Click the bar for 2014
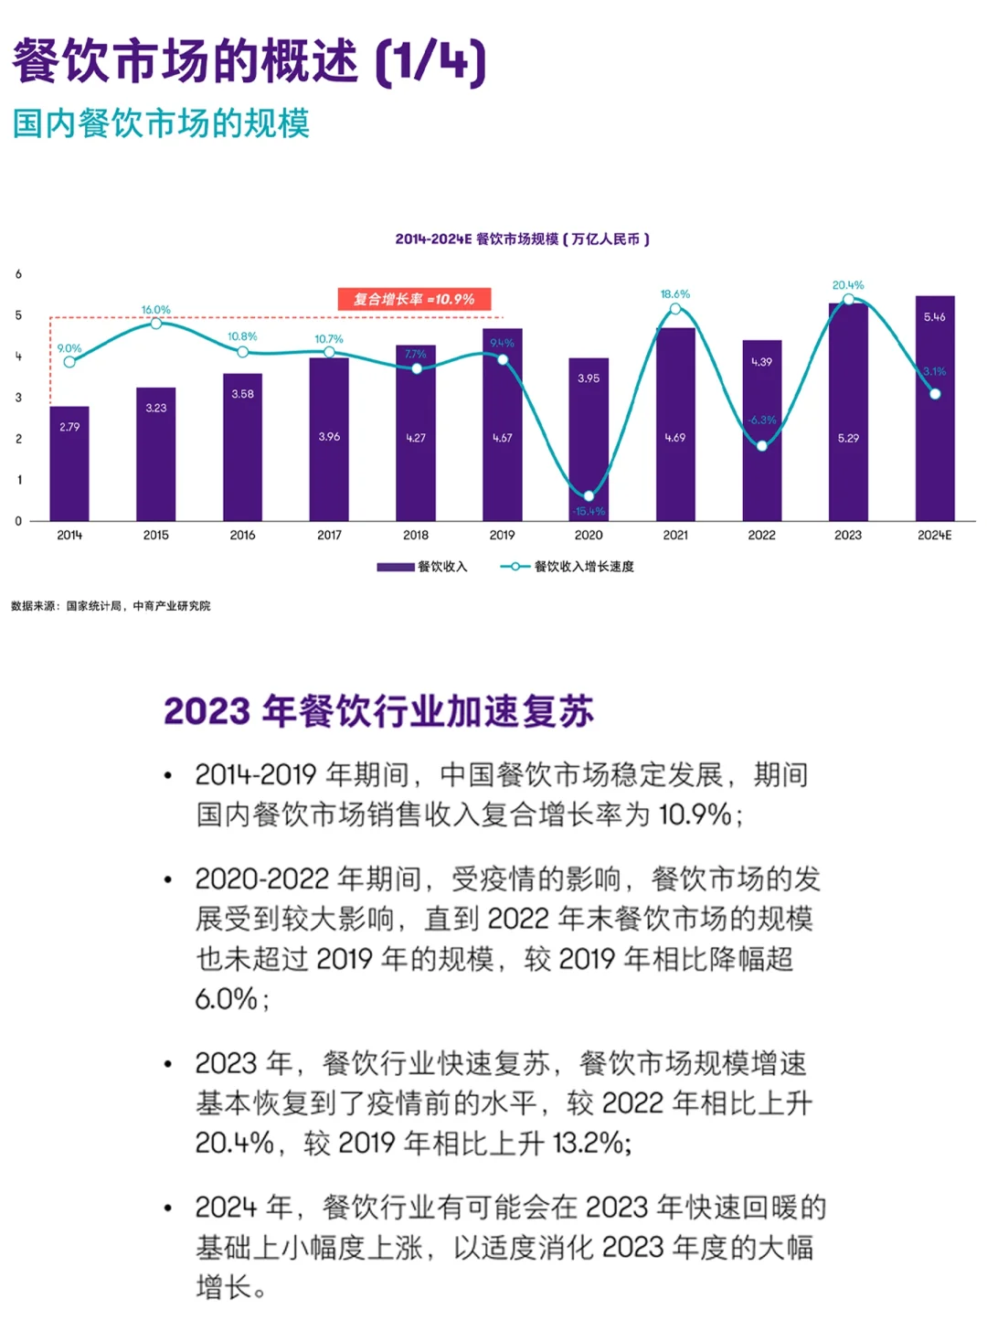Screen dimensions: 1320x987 pyautogui.click(x=69, y=463)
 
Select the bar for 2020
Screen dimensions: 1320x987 pyautogui.click(x=589, y=439)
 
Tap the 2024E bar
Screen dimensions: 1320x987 pyautogui.click(x=935, y=409)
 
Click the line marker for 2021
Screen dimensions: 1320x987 pyautogui.click(x=675, y=309)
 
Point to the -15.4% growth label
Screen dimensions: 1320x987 pyautogui.click(x=589, y=511)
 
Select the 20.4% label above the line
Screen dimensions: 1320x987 pyautogui.click(x=848, y=285)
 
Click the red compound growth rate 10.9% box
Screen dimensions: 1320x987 pyautogui.click(x=415, y=299)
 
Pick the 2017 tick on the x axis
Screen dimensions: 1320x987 pyautogui.click(x=329, y=535)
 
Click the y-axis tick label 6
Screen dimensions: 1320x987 pyautogui.click(x=18, y=274)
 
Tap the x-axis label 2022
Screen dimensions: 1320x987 pyautogui.click(x=761, y=535)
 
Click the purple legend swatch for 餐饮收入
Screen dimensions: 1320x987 pyautogui.click(x=396, y=567)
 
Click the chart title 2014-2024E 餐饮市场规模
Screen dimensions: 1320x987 pyautogui.click(x=522, y=240)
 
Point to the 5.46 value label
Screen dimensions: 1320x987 pyautogui.click(x=934, y=317)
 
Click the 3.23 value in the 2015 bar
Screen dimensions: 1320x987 pyautogui.click(x=156, y=408)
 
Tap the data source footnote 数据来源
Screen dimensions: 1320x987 pyautogui.click(x=111, y=606)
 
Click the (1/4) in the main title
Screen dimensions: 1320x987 pyautogui.click(x=430, y=62)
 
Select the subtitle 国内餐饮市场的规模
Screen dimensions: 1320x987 pyautogui.click(x=161, y=123)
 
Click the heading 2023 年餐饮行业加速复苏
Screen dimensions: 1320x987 pyautogui.click(x=378, y=711)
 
